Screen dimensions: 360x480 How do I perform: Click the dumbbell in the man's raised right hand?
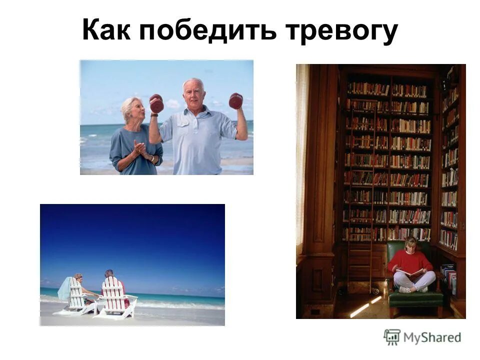[x=156, y=103]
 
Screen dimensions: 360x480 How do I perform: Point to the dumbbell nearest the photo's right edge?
[x=235, y=100]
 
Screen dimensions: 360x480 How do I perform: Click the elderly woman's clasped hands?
[x=140, y=148]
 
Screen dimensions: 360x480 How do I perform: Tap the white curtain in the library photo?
[x=302, y=160]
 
